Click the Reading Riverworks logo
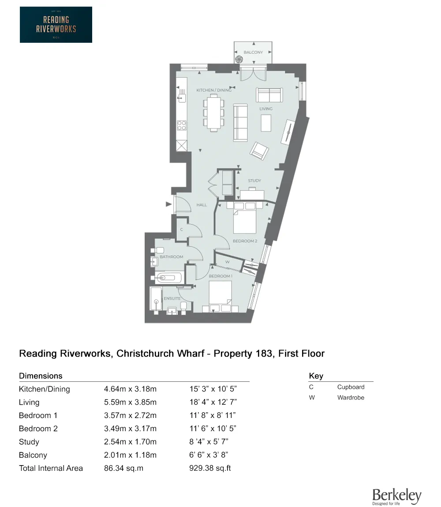pyautogui.click(x=56, y=25)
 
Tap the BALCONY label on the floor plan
pyautogui.click(x=253, y=52)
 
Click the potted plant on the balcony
pyautogui.click(x=239, y=60)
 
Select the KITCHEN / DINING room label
pyautogui.click(x=214, y=90)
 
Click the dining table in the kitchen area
pyautogui.click(x=213, y=113)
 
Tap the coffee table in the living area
pyautogui.click(x=266, y=123)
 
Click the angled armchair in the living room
pyautogui.click(x=259, y=151)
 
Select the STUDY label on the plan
pyautogui.click(x=254, y=181)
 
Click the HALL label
pyautogui.click(x=202, y=205)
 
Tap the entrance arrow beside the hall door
pyautogui.click(x=168, y=204)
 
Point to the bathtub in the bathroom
pyautogui.click(x=168, y=278)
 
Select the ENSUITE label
pyautogui.click(x=172, y=298)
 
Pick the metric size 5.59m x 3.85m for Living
pyautogui.click(x=130, y=403)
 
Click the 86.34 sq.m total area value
pyautogui.click(x=123, y=468)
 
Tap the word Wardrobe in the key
pyautogui.click(x=351, y=398)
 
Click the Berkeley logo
pyautogui.click(x=396, y=496)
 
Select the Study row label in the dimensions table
pyautogui.click(x=29, y=442)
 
